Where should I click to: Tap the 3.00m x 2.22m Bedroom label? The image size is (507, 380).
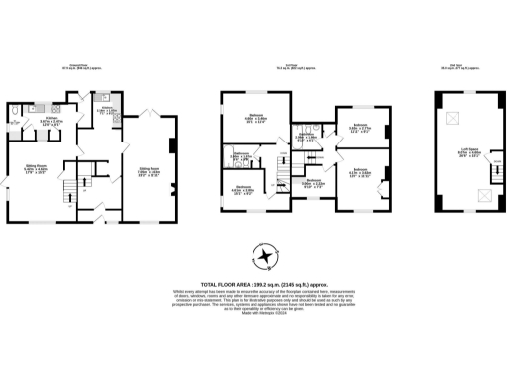pyautogui.click(x=313, y=183)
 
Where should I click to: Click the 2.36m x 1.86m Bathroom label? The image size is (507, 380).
pyautogui.click(x=240, y=157)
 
